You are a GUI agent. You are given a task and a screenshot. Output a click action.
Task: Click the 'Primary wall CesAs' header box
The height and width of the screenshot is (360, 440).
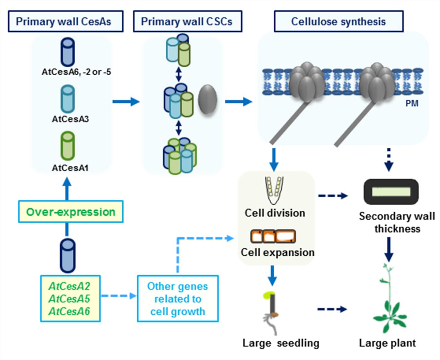(65, 22)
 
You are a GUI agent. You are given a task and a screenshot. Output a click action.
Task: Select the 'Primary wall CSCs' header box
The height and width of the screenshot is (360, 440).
(187, 22)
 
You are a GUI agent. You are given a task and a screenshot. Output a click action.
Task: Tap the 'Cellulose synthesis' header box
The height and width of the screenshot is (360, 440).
(338, 22)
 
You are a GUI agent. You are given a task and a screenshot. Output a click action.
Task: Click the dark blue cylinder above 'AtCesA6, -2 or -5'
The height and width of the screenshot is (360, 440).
(68, 52)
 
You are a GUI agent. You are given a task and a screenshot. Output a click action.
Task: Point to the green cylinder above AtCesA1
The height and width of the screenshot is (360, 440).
(68, 146)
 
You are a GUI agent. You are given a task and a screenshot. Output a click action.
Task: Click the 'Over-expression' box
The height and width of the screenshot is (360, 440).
(71, 212)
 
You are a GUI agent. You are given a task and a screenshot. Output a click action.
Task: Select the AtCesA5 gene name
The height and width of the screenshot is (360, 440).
(69, 299)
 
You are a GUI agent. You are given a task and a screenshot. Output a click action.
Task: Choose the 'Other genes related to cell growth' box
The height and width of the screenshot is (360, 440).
(178, 299)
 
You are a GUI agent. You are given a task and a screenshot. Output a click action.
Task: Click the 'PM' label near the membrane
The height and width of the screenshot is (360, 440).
(412, 103)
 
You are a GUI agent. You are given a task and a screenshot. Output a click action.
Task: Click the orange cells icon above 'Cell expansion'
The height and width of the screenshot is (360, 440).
(273, 236)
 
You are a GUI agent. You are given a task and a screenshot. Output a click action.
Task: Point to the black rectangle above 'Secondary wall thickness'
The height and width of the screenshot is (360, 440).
(391, 191)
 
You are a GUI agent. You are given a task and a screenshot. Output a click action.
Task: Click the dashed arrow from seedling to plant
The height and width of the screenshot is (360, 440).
(332, 309)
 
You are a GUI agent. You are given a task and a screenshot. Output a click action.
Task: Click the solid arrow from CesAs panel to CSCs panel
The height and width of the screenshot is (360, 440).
(126, 102)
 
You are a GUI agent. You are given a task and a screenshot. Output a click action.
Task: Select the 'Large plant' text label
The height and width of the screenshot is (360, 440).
(387, 343)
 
